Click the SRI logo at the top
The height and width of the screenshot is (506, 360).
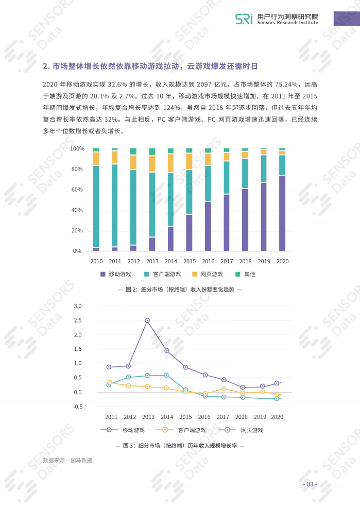[x=244, y=19]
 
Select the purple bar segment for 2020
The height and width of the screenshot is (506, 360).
[x=282, y=213]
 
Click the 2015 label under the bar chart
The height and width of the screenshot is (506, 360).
[x=189, y=261]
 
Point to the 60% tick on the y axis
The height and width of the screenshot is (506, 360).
[x=77, y=190]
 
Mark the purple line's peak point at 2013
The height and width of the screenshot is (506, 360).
[x=147, y=321]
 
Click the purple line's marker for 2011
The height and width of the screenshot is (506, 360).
[x=109, y=367]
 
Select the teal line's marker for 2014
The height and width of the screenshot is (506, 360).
[x=166, y=375]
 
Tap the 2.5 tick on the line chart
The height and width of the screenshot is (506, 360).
[x=78, y=321]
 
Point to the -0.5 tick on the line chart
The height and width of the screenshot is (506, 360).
[x=77, y=407]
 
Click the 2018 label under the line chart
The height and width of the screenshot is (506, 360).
[x=242, y=417]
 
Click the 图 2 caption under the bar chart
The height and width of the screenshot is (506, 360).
[x=180, y=290]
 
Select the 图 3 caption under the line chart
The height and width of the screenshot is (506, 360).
[x=180, y=445]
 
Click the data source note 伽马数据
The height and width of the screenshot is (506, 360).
[x=67, y=460]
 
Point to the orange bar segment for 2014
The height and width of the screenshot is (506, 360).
[x=170, y=163]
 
